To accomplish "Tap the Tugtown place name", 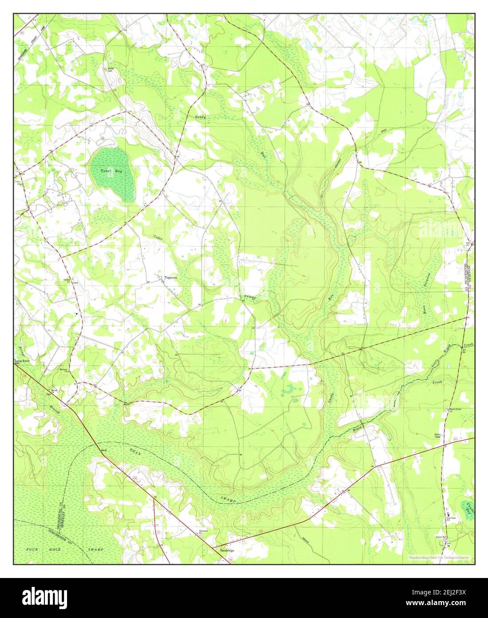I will (171, 277).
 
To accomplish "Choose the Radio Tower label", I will (440, 435).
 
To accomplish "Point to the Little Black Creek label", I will (451, 355).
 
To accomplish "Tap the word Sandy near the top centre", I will (201, 116).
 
